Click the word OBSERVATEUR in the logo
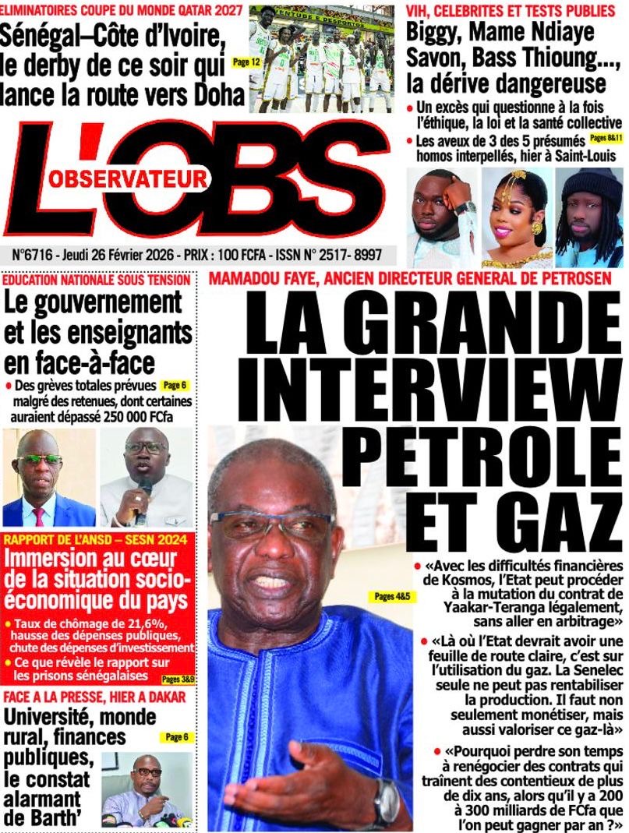129,179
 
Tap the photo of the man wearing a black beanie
588,217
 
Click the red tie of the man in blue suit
39,515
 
